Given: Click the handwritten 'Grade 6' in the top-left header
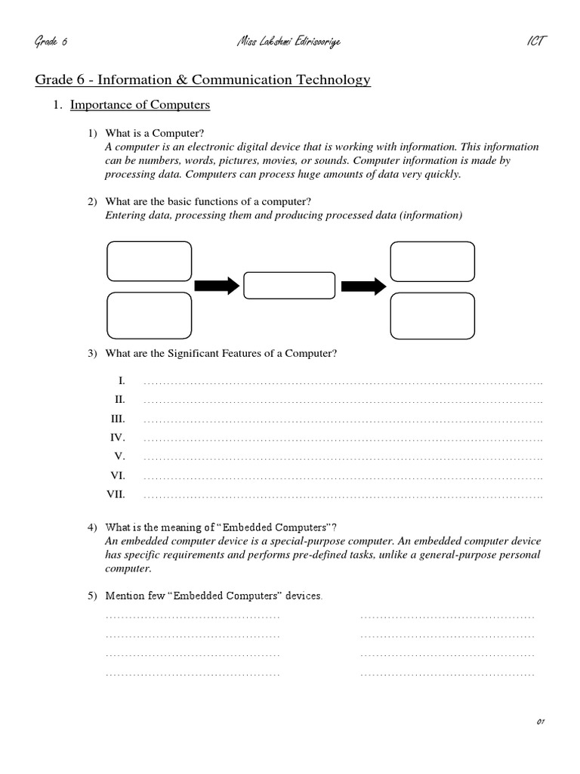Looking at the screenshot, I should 51,41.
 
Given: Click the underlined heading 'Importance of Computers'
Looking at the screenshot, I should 140,105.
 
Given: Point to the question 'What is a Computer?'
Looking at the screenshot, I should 155,133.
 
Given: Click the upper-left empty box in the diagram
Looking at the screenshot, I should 150,262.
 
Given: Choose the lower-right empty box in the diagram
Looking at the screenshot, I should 432,315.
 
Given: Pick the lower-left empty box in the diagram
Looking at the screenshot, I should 150,315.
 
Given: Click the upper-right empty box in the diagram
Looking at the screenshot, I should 432,262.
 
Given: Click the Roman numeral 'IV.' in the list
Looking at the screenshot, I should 118,438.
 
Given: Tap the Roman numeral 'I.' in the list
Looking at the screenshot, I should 121,380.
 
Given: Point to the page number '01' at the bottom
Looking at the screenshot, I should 540,722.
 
